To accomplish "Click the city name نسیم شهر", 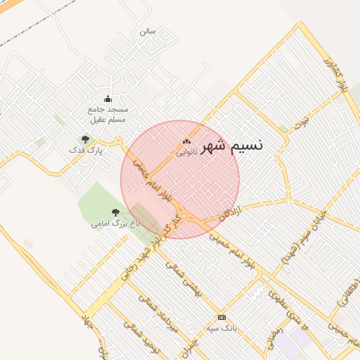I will (x=232, y=145).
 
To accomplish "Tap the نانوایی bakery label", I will (x=186, y=151).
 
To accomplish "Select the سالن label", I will (x=146, y=31).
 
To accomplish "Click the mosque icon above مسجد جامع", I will (x=108, y=98).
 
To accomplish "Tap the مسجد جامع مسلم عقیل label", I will (x=108, y=115).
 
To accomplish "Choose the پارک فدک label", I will (x=86, y=150).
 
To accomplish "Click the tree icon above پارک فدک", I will (x=86, y=139).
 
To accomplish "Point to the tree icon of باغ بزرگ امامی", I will (x=115, y=212).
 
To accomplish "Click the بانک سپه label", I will (x=221, y=328).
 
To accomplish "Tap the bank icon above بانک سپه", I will (x=221, y=317).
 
